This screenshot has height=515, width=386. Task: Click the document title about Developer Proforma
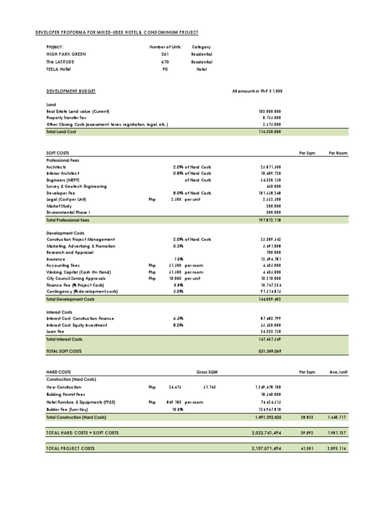117,33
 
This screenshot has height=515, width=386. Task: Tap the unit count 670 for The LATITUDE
165,62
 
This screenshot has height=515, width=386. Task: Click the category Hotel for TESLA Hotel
202,69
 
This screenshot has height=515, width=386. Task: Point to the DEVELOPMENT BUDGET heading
71,91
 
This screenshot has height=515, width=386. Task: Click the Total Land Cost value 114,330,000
268,131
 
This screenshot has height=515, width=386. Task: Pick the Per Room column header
338,152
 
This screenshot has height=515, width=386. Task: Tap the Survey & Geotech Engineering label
76,186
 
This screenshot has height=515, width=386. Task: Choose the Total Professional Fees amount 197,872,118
268,220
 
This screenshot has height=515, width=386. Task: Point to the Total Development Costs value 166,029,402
268,299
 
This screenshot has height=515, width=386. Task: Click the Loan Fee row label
55,332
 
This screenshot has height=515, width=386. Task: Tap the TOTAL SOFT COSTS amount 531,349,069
268,351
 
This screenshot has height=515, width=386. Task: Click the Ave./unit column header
338,372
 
